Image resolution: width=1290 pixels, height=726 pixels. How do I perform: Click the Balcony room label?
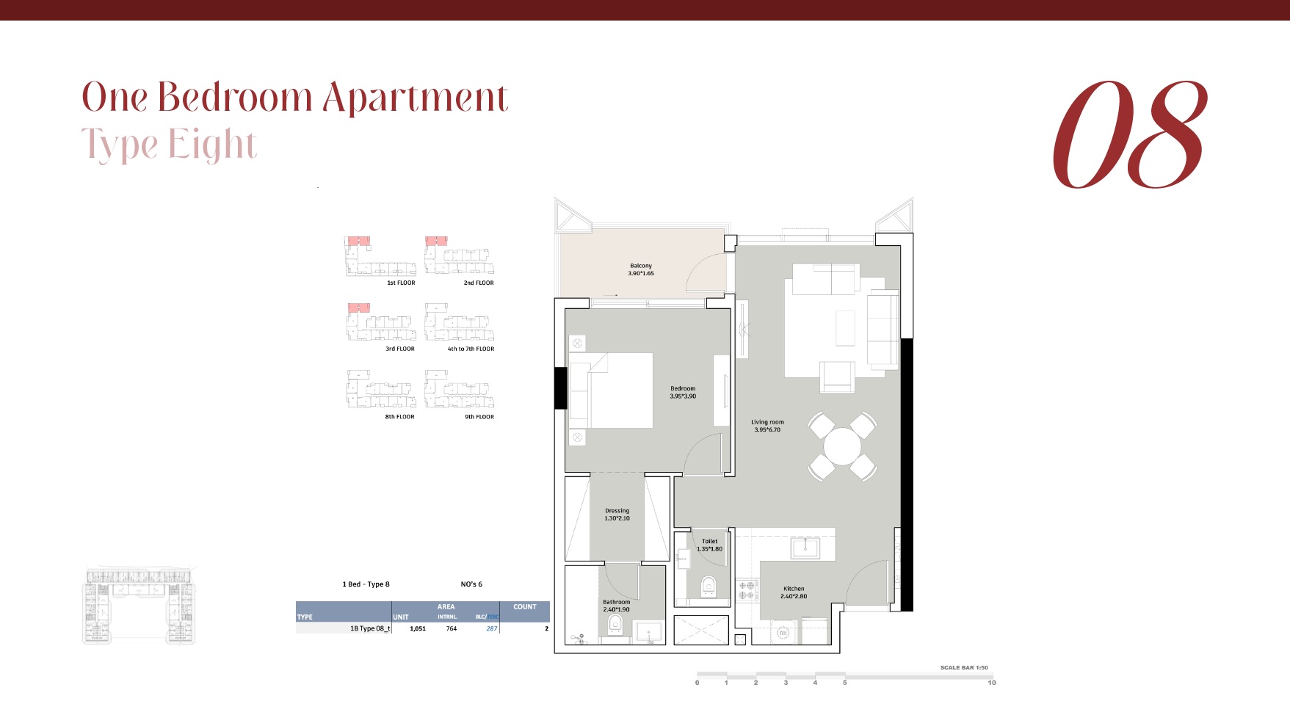click(640, 269)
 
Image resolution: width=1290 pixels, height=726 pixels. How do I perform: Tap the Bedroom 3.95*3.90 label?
click(682, 392)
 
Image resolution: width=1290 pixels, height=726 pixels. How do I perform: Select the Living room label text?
click(767, 426)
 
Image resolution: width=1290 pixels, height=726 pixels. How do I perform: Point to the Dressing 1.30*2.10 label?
click(617, 514)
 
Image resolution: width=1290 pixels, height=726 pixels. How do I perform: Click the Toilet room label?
click(709, 545)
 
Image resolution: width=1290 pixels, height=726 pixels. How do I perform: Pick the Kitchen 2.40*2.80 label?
click(793, 592)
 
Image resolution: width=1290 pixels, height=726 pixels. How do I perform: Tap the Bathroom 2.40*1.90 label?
click(616, 606)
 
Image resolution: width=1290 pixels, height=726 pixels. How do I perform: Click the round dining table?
click(842, 446)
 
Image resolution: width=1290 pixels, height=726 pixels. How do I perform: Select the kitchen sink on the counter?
click(805, 548)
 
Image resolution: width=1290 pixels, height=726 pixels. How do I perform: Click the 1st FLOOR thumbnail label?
click(401, 283)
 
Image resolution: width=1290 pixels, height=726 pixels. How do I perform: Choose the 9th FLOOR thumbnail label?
click(479, 417)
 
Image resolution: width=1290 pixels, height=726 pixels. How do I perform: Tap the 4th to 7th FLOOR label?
click(471, 349)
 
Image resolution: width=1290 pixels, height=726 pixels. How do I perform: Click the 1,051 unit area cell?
click(418, 628)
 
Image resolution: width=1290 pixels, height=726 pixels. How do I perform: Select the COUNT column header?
click(524, 607)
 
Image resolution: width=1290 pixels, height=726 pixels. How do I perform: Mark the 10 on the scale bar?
click(991, 683)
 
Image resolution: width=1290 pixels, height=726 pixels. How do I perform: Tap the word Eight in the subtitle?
click(212, 144)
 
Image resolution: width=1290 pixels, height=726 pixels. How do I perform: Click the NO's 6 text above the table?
click(471, 584)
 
